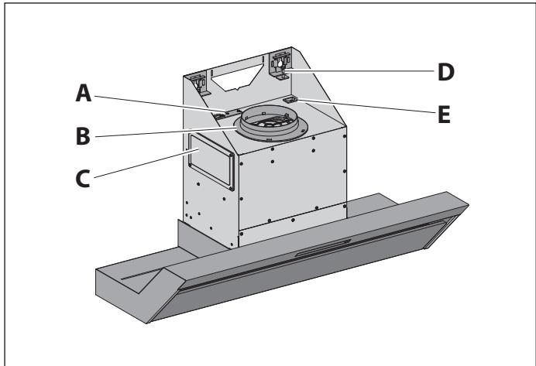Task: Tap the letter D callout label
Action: coord(445,73)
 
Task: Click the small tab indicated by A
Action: coord(220,114)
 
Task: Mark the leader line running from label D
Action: coord(364,71)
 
